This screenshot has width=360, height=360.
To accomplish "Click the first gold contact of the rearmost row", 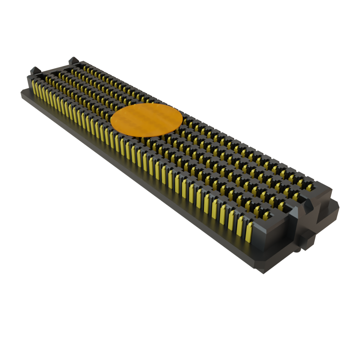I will [x=85, y=67].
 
